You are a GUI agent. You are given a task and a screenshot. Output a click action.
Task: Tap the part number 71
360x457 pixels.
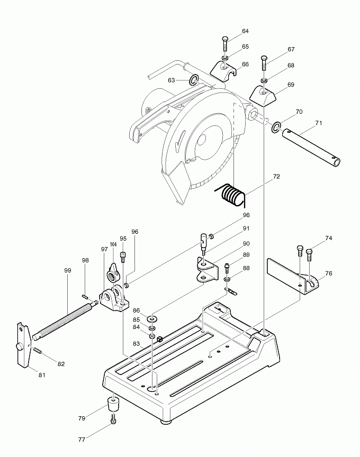click(x=318, y=123)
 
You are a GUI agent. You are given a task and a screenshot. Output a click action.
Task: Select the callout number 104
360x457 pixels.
click(x=113, y=244)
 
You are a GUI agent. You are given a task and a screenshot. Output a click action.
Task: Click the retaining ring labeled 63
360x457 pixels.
click(x=194, y=80)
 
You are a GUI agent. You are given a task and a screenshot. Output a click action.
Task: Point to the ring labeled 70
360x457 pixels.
click(x=276, y=127)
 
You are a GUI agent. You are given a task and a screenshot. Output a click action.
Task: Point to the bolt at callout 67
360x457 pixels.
click(x=265, y=63)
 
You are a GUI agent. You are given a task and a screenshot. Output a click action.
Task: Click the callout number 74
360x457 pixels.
click(x=329, y=239)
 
